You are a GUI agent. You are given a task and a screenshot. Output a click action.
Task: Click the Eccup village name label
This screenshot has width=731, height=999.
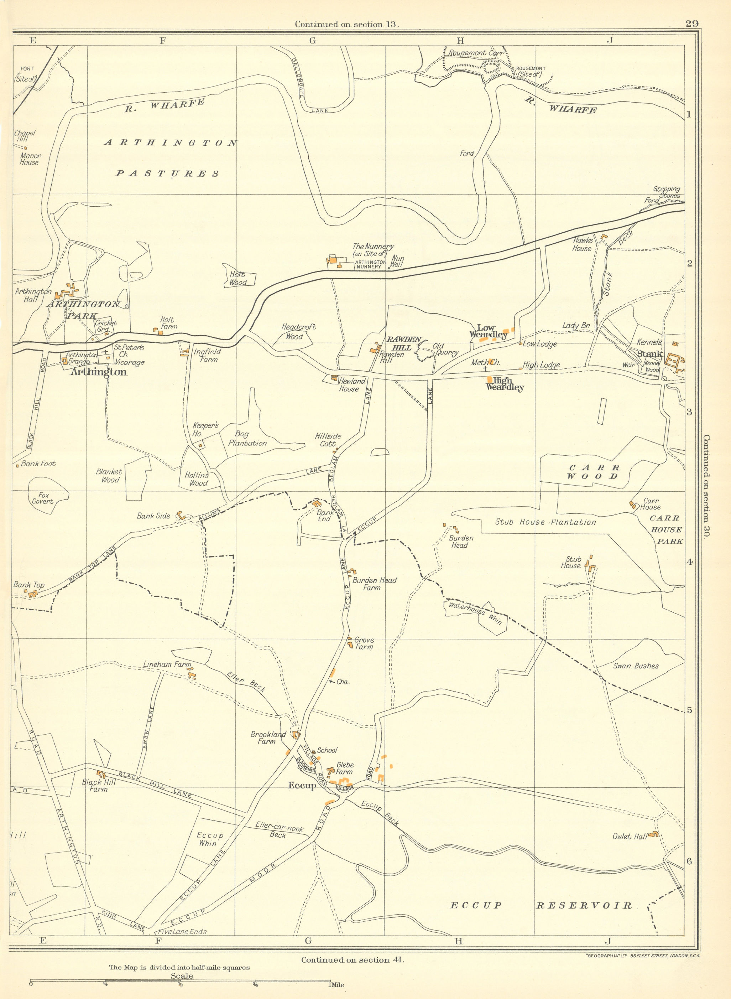pos(302,786)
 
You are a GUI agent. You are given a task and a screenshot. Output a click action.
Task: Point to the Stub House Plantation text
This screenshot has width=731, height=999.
pos(545,522)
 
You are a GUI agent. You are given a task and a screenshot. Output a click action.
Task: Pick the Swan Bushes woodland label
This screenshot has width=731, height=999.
pos(636,666)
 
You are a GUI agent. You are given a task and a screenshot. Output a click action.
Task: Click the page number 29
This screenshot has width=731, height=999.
pos(691,24)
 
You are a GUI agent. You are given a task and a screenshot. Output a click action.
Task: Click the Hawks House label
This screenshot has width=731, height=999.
pos(582,244)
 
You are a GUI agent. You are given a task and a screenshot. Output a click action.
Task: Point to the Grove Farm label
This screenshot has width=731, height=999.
pos(364,643)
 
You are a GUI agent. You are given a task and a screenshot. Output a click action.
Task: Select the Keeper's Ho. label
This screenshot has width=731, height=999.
pos(205,429)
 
